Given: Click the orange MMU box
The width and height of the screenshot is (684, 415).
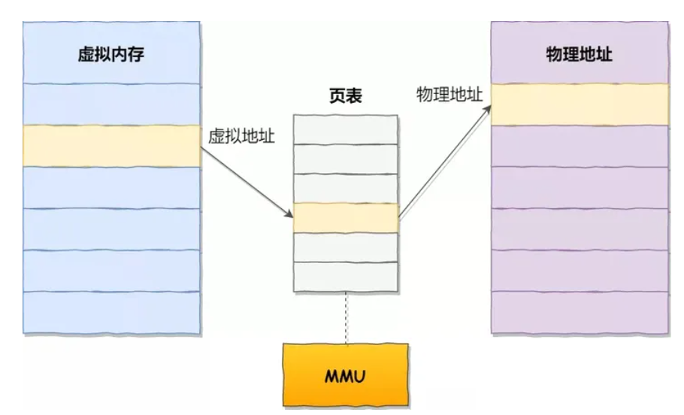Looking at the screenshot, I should (x=346, y=374).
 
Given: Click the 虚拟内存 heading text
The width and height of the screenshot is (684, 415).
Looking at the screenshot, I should (x=110, y=57).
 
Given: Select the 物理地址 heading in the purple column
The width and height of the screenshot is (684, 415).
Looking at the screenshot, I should (x=580, y=57).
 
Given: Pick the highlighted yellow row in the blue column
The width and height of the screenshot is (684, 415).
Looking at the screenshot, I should (x=112, y=146).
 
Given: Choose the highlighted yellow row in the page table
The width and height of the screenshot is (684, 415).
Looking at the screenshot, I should (x=346, y=218).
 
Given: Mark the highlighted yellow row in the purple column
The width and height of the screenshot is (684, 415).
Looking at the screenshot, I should (x=580, y=105).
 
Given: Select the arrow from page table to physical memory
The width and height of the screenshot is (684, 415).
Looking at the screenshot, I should (x=443, y=162).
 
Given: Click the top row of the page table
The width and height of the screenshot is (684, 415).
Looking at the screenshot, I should (x=346, y=129).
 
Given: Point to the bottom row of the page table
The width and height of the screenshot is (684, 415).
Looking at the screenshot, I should (x=346, y=276).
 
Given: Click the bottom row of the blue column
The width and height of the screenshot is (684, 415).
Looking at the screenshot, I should (x=112, y=311).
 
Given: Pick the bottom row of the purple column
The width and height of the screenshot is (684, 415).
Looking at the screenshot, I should (x=580, y=311).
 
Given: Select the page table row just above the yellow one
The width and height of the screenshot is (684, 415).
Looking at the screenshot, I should (x=346, y=188).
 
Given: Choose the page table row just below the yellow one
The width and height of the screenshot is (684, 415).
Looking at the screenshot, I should (x=346, y=247).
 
